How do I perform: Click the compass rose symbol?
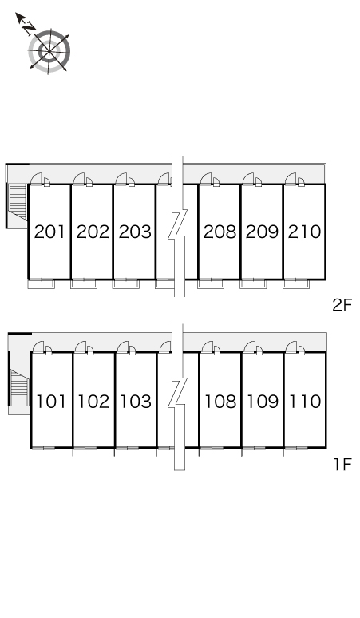coord(49,51)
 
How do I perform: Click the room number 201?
coord(49,232)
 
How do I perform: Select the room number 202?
coord(93,232)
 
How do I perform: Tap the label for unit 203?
coord(135,232)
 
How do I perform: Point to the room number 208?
coord(220,232)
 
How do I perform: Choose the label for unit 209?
coord(262,232)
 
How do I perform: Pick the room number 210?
coord(304,232)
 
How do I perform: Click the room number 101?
coord(51,402)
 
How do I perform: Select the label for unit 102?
coord(93,402)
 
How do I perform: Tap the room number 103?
coord(136,402)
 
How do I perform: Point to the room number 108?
coord(220,402)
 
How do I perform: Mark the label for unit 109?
coord(263,402)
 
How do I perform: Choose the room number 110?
coord(305,402)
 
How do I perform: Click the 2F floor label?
coord(342,306)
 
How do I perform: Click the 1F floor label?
coord(342,465)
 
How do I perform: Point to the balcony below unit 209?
coord(253,283)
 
